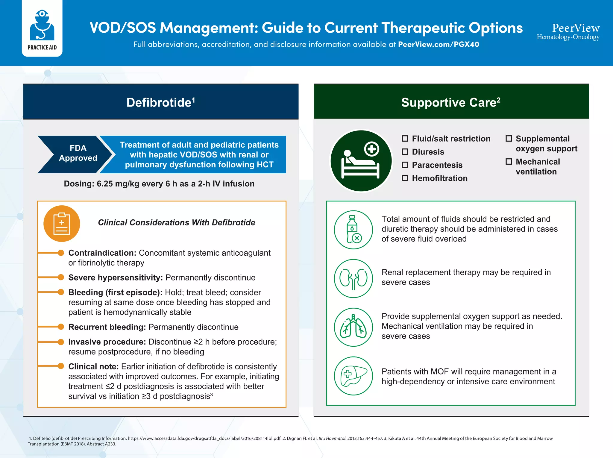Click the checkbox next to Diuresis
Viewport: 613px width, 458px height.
tap(405, 152)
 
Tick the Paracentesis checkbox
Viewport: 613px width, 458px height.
tap(405, 165)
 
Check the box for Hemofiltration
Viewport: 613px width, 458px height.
tap(405, 178)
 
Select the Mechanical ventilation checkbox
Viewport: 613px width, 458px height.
tap(509, 162)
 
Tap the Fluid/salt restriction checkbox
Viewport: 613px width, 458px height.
tap(405, 139)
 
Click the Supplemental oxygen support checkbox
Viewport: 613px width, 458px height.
tap(509, 139)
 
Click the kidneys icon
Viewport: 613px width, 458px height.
tap(353, 278)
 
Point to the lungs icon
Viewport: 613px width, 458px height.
tap(353, 327)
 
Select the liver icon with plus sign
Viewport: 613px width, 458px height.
tap(353, 376)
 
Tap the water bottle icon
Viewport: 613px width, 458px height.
tap(353, 230)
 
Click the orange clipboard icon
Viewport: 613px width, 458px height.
tap(62, 224)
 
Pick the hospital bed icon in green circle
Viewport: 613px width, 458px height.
tap(361, 161)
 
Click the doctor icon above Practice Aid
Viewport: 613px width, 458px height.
tap(42, 25)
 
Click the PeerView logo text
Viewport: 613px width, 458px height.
tap(575, 28)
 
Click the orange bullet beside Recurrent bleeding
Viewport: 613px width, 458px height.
tap(61, 327)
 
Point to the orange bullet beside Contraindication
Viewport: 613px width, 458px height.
tap(61, 253)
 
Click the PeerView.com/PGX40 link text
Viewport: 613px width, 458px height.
tap(438, 44)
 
